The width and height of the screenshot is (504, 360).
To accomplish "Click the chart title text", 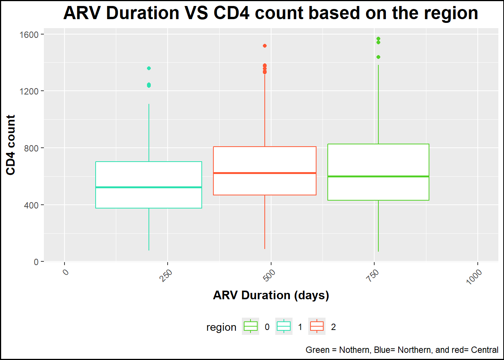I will point(270,13).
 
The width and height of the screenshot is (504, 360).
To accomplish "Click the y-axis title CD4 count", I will point(11,145).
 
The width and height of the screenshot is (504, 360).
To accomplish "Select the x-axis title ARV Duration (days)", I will point(271,295).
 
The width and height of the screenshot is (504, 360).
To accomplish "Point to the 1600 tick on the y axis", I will point(29,35).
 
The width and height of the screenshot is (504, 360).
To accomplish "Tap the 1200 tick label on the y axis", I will point(29,91).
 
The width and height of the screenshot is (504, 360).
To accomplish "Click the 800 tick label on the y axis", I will point(31,148).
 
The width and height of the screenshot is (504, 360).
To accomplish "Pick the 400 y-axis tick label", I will point(31,205).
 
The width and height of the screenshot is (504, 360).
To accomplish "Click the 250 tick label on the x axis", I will point(165,275).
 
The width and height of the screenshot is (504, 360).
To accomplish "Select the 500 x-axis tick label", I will point(269,275).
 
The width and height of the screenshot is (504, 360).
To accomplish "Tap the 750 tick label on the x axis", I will point(372,275).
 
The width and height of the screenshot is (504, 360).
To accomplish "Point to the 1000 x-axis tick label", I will point(474,277).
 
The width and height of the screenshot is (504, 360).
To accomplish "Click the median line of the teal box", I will point(149,187).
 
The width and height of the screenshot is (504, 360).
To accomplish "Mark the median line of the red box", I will point(265,173).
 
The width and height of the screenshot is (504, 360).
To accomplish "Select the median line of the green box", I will point(378,176).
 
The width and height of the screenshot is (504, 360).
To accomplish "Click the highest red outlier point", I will point(265,46).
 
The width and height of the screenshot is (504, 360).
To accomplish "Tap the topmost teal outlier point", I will point(149,68).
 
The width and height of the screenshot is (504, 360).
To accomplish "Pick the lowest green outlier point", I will point(378,57).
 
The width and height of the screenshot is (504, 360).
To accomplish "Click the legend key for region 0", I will point(250,327).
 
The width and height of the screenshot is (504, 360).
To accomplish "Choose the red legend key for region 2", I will point(317,327).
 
